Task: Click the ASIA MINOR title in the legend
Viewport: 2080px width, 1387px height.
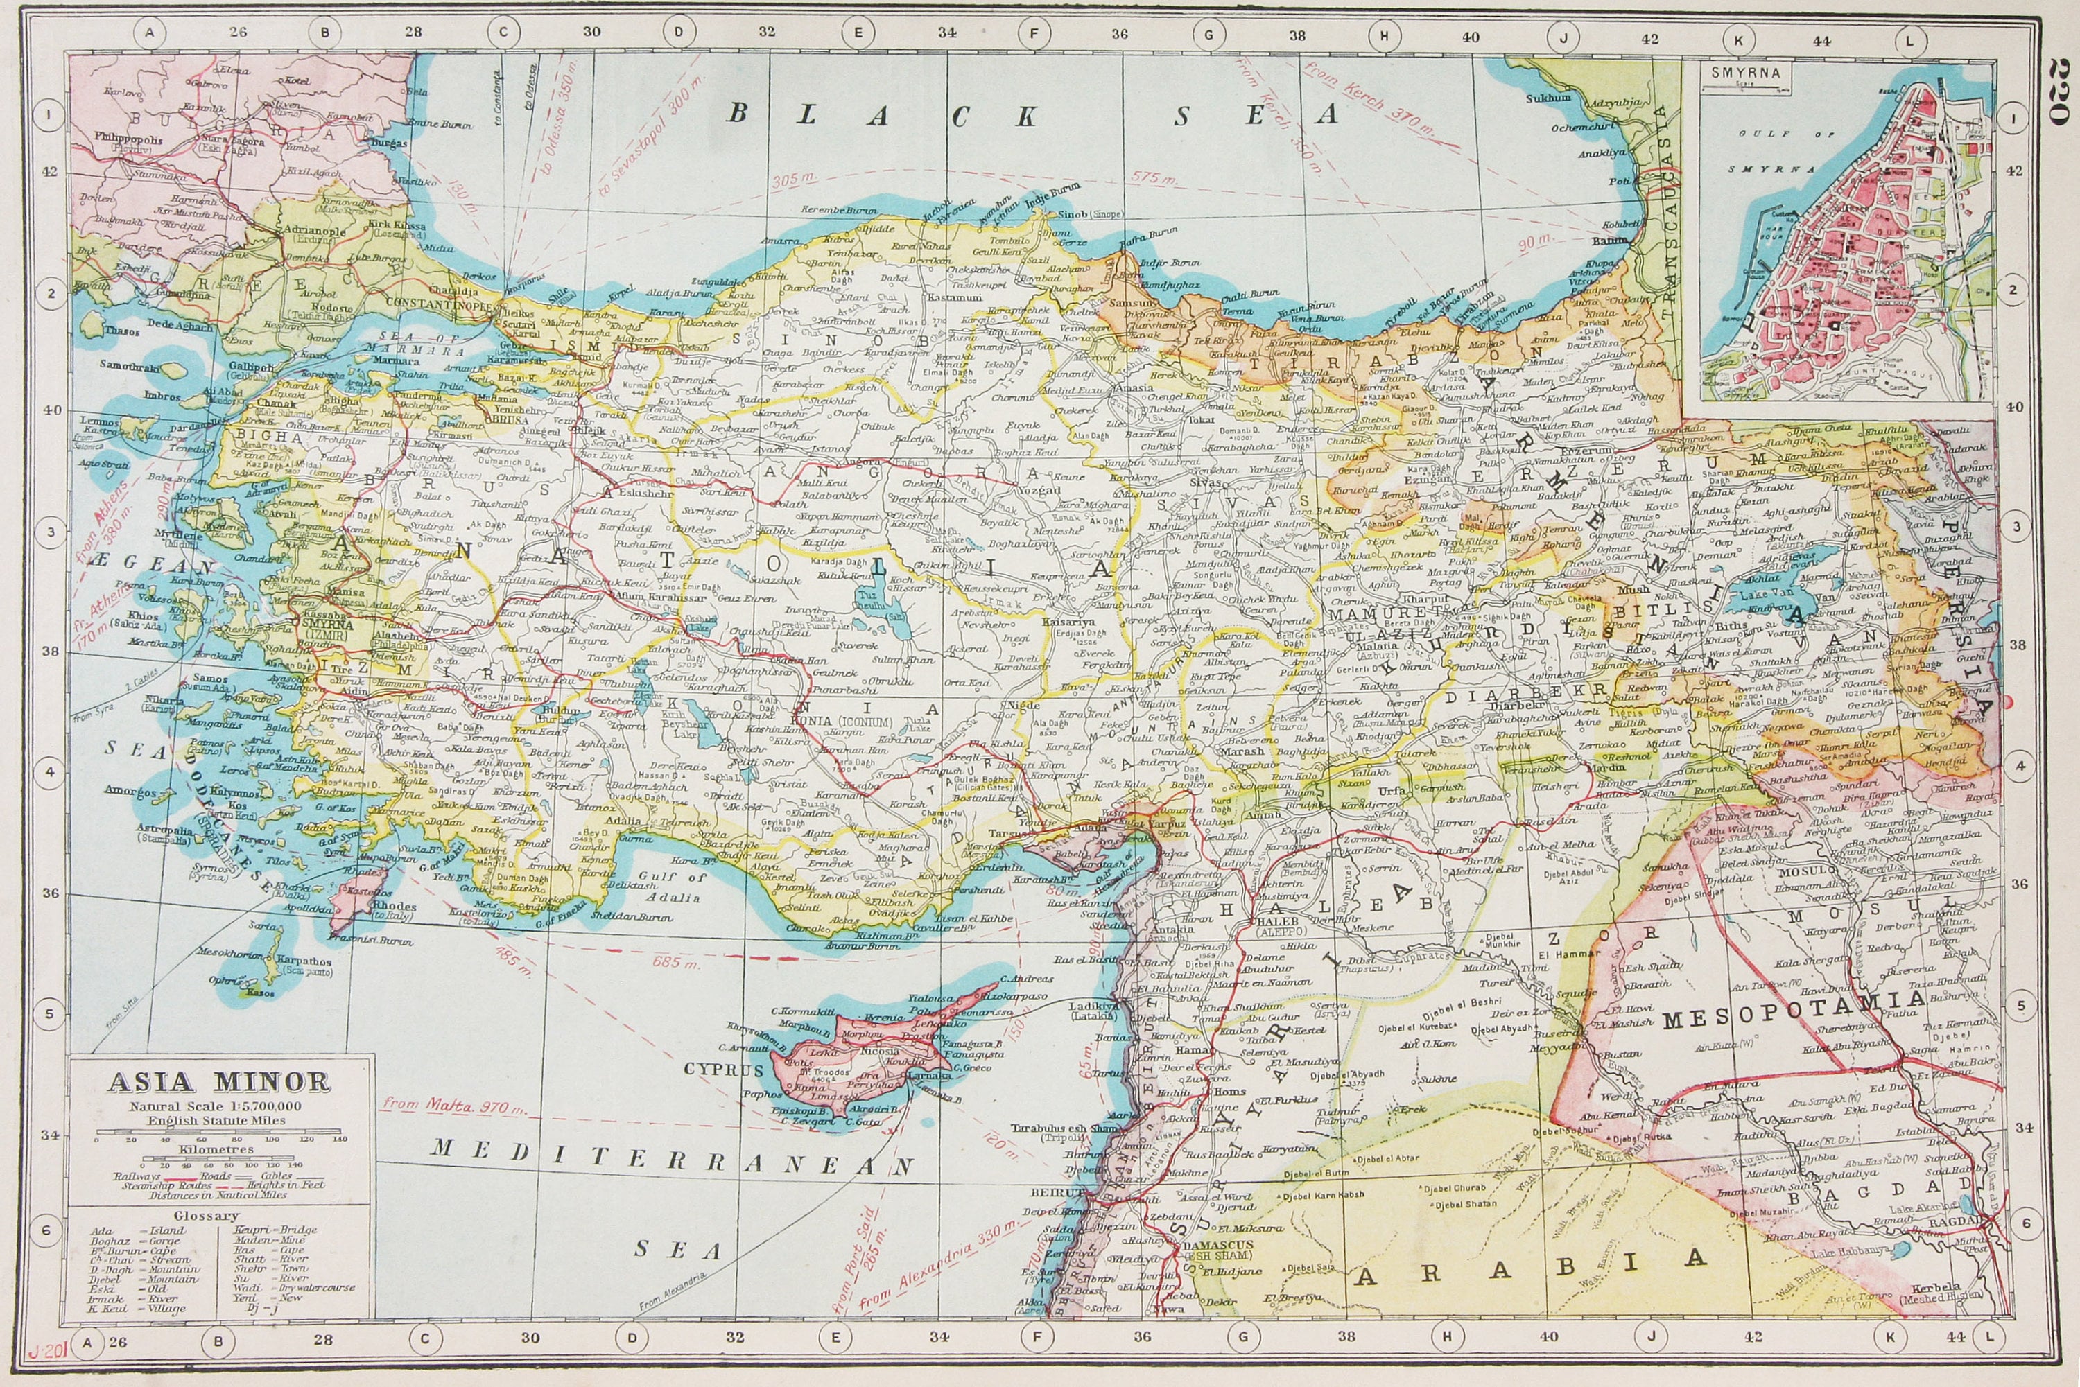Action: (218, 1082)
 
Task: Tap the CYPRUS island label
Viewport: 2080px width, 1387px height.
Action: (723, 1070)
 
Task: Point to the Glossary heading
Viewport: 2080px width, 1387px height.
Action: (206, 1215)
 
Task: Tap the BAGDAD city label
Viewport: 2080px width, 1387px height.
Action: (1955, 1221)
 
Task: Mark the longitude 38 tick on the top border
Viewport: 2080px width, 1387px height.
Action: (1297, 36)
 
